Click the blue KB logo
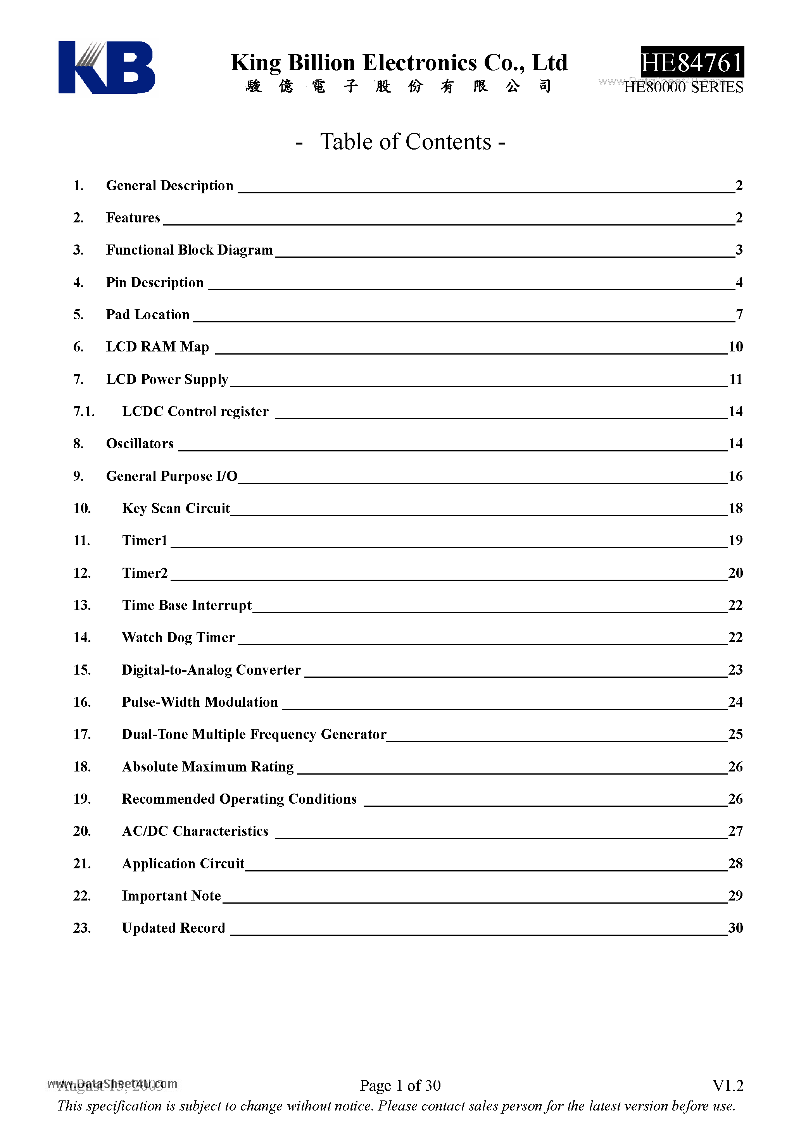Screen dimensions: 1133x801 click(x=106, y=67)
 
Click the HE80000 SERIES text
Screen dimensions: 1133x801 click(x=684, y=87)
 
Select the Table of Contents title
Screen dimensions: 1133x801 click(x=400, y=142)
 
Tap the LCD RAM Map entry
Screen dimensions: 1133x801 click(x=157, y=346)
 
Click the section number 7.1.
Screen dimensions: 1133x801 click(x=83, y=411)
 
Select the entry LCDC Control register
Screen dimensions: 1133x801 click(x=195, y=411)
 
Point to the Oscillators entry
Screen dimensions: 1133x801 click(x=140, y=444)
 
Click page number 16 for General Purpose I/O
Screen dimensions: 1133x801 click(x=735, y=476)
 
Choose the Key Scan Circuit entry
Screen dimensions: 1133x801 click(x=176, y=508)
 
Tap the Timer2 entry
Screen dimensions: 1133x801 click(x=145, y=573)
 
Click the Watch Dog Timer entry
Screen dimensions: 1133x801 click(x=178, y=637)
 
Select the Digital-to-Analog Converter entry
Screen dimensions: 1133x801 click(x=211, y=670)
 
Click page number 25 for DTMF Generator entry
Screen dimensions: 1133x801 click(x=735, y=734)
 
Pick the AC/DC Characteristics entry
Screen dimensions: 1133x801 click(x=195, y=831)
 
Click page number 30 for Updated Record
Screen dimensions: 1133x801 click(x=735, y=928)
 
